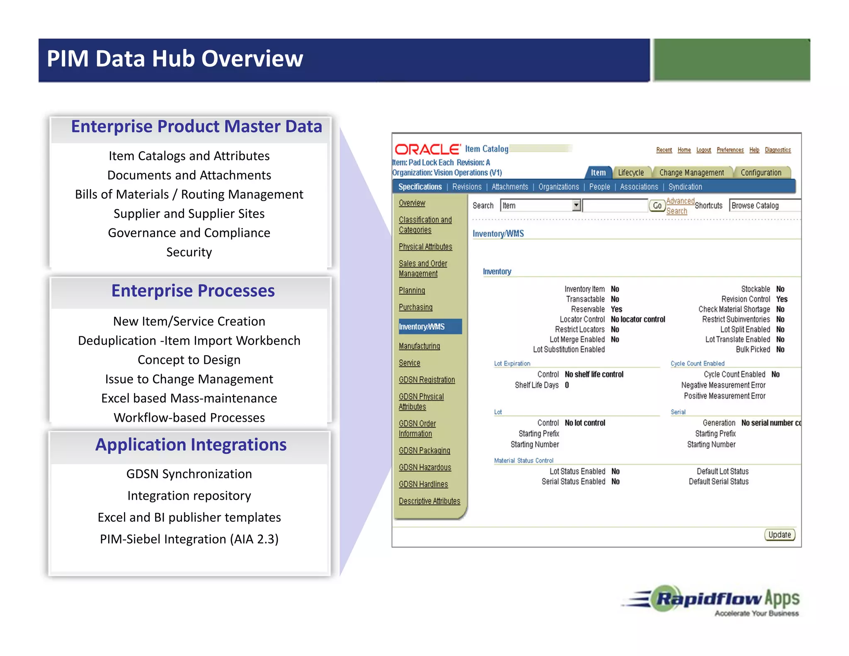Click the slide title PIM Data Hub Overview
pos(175,58)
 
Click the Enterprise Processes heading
pos(193,291)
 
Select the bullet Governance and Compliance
pos(189,233)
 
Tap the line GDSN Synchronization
pos(189,474)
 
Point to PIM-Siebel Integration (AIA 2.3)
pos(189,539)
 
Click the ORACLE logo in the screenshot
pos(427,149)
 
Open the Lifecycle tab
pos(631,173)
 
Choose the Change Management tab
pos(691,173)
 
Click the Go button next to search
pos(657,206)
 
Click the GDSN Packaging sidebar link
pos(424,450)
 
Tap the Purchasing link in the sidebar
pos(415,307)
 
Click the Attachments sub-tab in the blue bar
pos(509,187)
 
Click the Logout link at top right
pos(703,150)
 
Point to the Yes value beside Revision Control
pos(781,299)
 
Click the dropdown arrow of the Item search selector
pos(576,205)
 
